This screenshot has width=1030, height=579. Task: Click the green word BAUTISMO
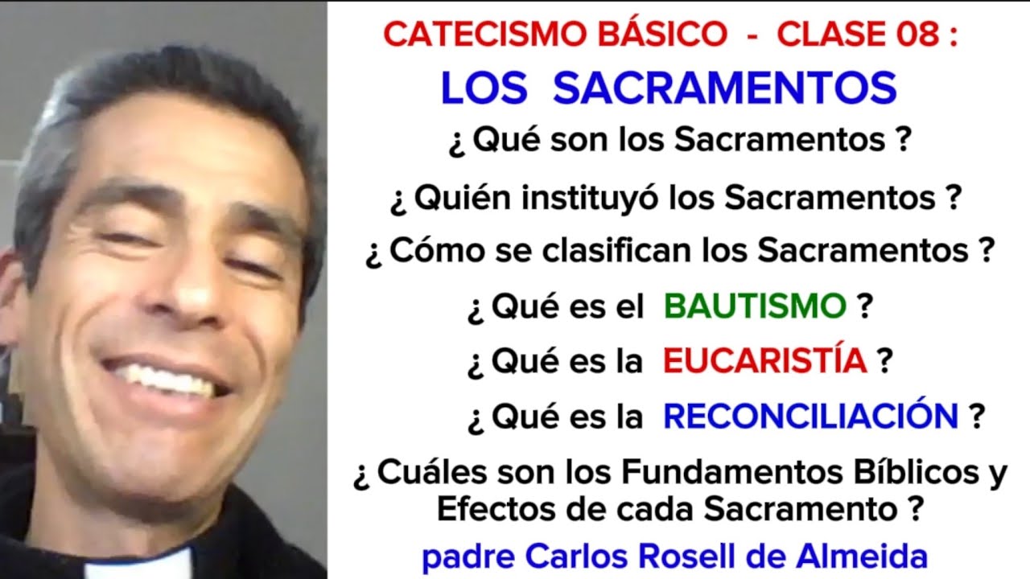(755, 306)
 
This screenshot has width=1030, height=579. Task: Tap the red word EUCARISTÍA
(765, 362)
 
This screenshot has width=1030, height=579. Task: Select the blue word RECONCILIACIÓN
(810, 417)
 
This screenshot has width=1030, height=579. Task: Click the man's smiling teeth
(166, 379)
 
